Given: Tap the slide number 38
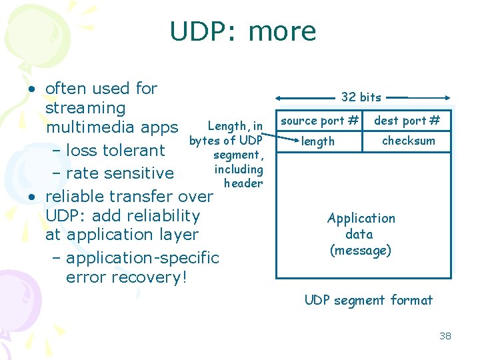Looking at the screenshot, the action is click(445, 336).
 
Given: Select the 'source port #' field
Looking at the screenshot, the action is click(319, 121).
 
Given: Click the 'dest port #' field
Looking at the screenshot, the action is click(407, 121).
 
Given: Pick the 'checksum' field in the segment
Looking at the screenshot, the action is click(408, 141).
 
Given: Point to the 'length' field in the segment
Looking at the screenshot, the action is click(318, 141).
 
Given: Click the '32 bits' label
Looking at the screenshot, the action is click(361, 97).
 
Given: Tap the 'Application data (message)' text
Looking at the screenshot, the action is click(361, 235).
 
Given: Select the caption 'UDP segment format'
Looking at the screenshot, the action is click(368, 300).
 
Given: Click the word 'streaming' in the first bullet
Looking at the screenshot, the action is click(85, 108).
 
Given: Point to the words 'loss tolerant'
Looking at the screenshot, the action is click(115, 151).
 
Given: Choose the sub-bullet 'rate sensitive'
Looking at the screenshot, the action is click(120, 173).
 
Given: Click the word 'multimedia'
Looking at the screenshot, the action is click(87, 127).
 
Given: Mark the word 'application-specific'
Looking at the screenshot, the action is click(142, 258).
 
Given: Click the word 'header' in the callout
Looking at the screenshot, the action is click(243, 183).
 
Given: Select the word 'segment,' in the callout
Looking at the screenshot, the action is click(239, 155).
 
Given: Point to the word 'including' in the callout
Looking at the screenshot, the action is click(239, 169).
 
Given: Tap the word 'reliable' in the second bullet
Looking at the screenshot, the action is click(75, 197).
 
